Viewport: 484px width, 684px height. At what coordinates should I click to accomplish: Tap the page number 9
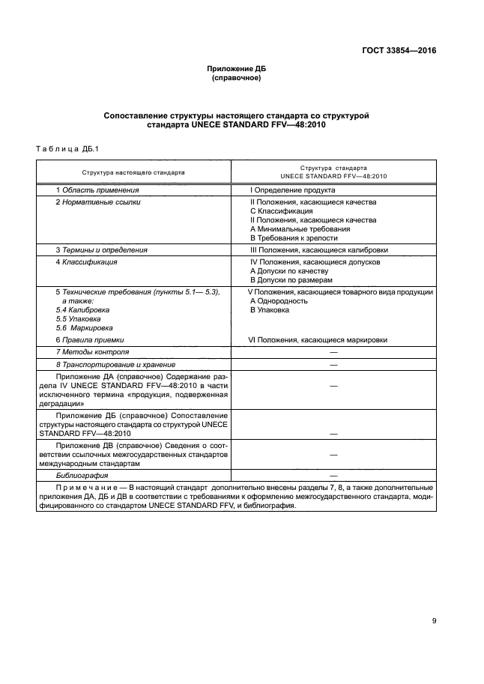(434, 620)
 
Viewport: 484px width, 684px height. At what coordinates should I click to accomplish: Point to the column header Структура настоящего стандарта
(134, 172)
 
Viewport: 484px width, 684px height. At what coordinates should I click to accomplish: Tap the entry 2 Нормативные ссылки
(98, 202)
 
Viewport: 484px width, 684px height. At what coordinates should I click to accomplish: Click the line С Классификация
(282, 211)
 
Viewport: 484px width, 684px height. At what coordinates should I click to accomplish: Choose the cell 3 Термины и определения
(102, 249)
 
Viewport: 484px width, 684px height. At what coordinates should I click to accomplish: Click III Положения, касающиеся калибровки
(318, 249)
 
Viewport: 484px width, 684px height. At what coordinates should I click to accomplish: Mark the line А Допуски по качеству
(288, 271)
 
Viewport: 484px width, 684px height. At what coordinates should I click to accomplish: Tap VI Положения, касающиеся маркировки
(318, 339)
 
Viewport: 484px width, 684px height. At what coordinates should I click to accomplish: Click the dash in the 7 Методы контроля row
(333, 351)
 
